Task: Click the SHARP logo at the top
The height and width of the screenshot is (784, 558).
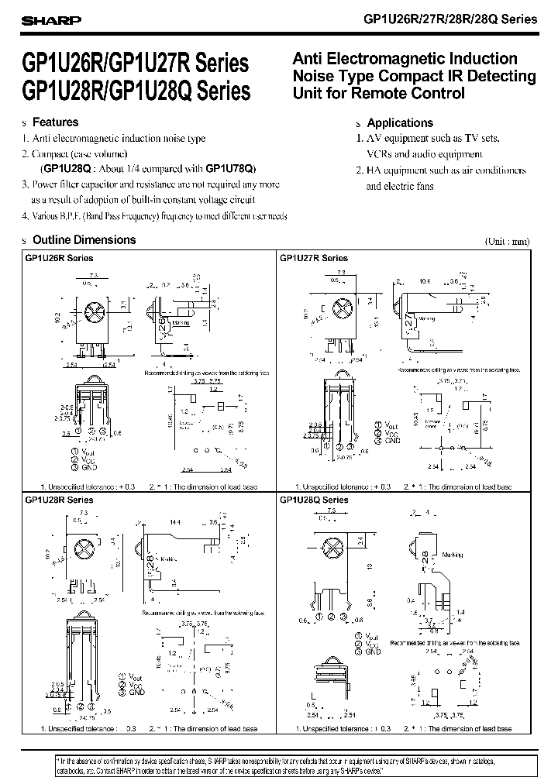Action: pyautogui.click(x=44, y=21)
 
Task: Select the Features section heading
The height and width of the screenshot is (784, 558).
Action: pyautogui.click(x=55, y=122)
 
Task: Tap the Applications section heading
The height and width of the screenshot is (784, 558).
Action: pyautogui.click(x=400, y=122)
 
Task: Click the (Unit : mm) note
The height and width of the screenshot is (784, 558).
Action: pyautogui.click(x=508, y=241)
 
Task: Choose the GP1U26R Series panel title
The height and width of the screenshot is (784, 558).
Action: pyautogui.click(x=59, y=258)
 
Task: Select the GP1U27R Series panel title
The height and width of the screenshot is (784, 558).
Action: pyautogui.click(x=314, y=258)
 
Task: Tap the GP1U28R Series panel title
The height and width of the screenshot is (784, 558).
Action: pyautogui.click(x=59, y=500)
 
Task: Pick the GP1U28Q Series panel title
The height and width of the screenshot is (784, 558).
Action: pyautogui.click(x=314, y=500)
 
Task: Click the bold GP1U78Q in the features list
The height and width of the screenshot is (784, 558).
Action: pyautogui.click(x=229, y=168)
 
